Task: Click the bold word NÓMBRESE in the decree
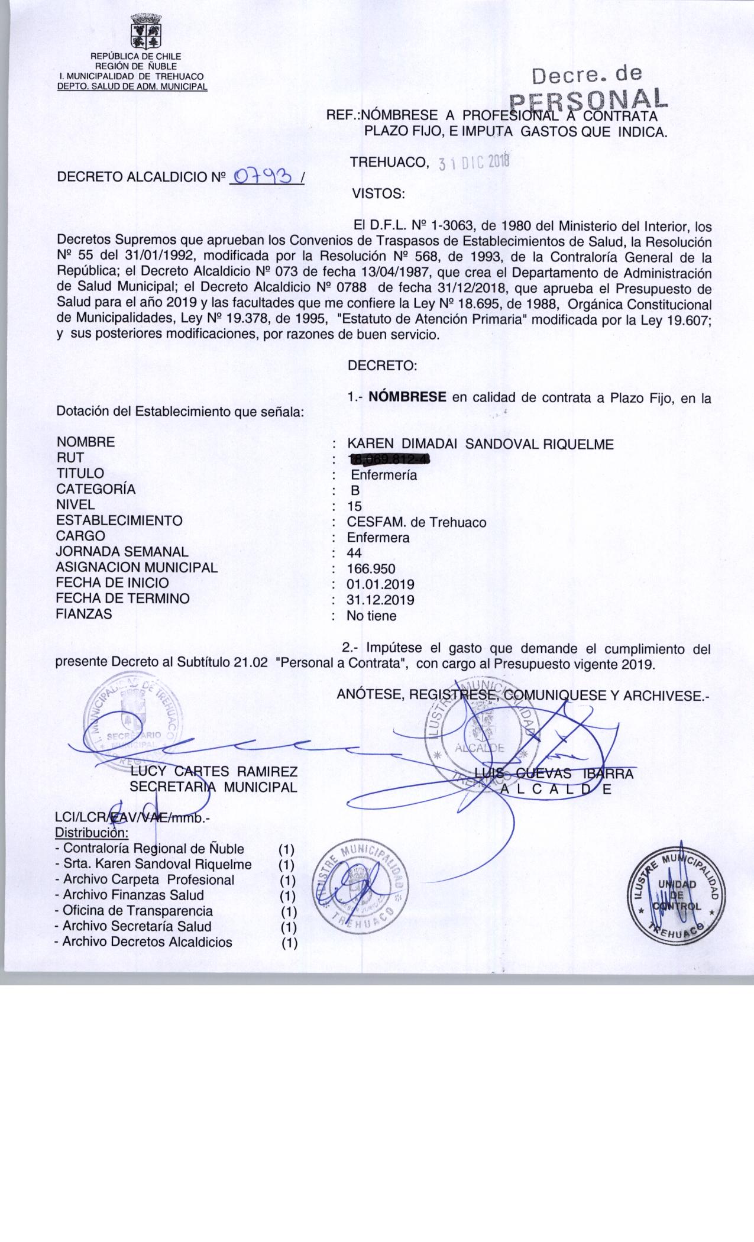407,397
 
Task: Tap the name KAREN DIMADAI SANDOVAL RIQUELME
480,444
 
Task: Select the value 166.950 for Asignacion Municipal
371,569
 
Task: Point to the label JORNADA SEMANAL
122,552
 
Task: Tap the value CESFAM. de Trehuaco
416,522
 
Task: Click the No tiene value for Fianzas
371,616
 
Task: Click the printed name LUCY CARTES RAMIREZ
213,772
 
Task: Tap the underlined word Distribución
91,833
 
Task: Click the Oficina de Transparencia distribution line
134,911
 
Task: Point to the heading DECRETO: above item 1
383,366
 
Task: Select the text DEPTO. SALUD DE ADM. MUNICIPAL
132,86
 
